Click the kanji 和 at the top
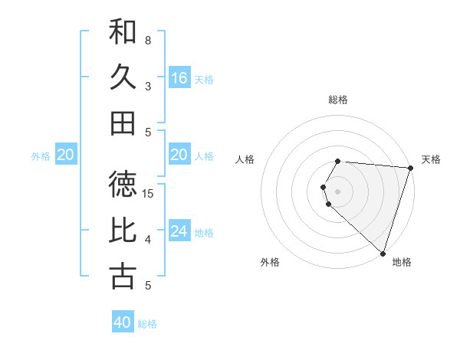pyautogui.click(x=123, y=32)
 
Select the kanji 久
pyautogui.click(x=123, y=77)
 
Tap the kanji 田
pyautogui.click(x=123, y=123)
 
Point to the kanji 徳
pyautogui.click(x=123, y=185)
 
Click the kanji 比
pyautogui.click(x=123, y=231)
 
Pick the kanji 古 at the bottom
pyautogui.click(x=123, y=277)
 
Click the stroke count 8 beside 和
pyautogui.click(x=148, y=40)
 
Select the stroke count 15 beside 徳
pyautogui.click(x=149, y=193)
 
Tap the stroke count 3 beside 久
pyautogui.click(x=148, y=86)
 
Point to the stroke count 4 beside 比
pyautogui.click(x=148, y=240)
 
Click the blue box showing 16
pyautogui.click(x=179, y=77)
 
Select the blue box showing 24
pyautogui.click(x=179, y=231)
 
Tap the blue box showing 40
pyautogui.click(x=123, y=322)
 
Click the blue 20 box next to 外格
pyautogui.click(x=66, y=155)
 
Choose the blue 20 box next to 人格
pyautogui.click(x=179, y=155)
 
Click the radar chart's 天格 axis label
pyautogui.click(x=431, y=159)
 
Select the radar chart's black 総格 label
pyautogui.click(x=338, y=100)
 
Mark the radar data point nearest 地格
pyautogui.click(x=383, y=254)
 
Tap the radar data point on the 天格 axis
pyautogui.click(x=410, y=168)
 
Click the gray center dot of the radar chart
pyautogui.click(x=338, y=191)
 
